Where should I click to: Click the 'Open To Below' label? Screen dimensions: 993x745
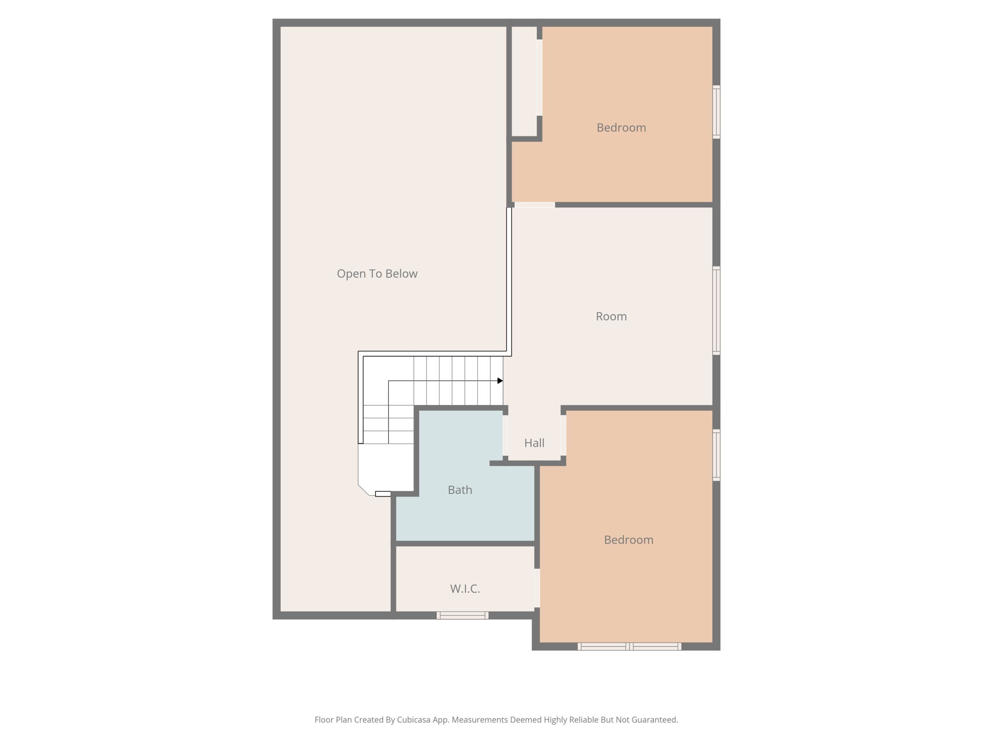pos(377,274)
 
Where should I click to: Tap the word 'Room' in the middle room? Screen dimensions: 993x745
pos(611,316)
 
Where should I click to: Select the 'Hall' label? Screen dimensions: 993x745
pos(534,443)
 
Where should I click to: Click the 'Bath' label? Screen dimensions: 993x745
pos(460,489)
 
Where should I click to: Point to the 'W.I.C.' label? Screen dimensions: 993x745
pos(465,589)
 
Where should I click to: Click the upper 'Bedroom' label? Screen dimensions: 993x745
pos(621,128)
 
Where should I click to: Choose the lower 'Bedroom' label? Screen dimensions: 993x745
pos(628,540)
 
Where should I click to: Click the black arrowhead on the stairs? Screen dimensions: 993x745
pos(500,381)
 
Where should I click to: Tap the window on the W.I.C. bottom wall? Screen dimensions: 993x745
pos(462,615)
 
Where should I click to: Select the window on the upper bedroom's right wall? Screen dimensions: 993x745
pos(716,112)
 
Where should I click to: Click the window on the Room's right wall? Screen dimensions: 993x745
pos(716,311)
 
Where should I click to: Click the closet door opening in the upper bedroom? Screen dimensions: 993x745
pos(540,78)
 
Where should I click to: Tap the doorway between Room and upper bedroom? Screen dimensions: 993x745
pos(535,205)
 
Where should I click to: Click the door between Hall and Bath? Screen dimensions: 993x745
pos(505,436)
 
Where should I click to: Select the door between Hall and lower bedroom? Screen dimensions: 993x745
pos(563,436)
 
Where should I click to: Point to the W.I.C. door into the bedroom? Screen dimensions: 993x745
pos(537,588)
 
